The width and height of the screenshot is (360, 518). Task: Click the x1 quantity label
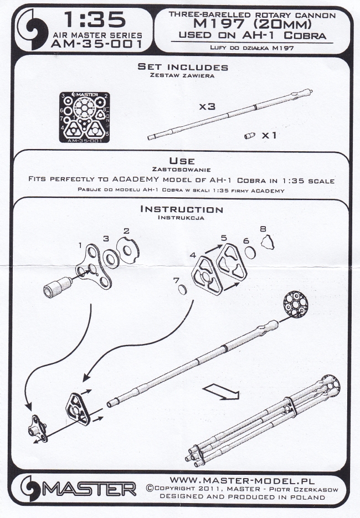click(x=269, y=135)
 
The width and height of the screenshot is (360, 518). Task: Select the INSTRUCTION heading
click(x=182, y=210)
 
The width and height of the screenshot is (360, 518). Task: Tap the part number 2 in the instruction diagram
click(x=126, y=230)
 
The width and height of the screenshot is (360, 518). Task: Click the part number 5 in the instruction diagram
click(x=224, y=238)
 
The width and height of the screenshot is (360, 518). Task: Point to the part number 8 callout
click(x=263, y=228)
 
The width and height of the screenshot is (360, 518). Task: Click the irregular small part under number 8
click(x=269, y=242)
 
